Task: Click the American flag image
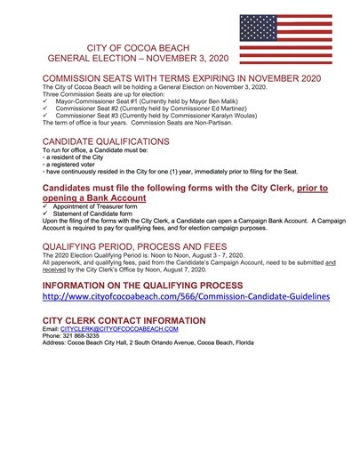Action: click(x=285, y=39)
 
